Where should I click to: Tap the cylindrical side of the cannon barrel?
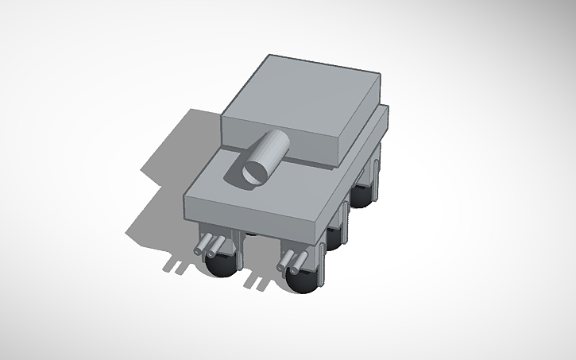[x=272, y=149]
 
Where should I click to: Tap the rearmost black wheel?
[x=365, y=194]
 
